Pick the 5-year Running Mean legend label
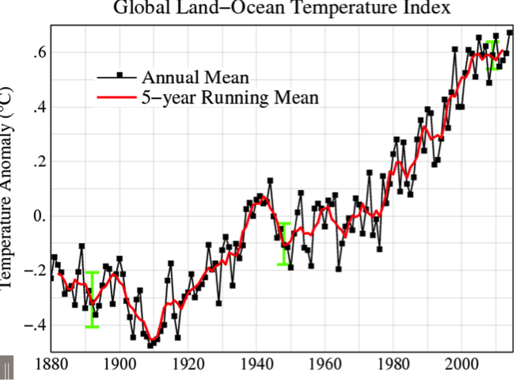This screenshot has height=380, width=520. coord(230,98)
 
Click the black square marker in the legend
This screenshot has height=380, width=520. coord(120,76)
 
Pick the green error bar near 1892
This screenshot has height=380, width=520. coord(93,299)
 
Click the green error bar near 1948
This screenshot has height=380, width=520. coord(283,244)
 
